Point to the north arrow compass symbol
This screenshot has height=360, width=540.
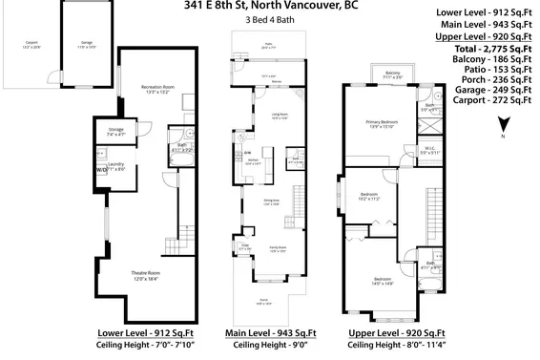[506, 122]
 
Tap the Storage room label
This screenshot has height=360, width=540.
[115, 132]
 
